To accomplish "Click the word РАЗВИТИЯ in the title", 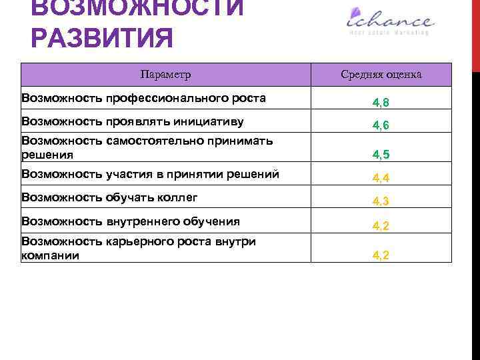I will pyautogui.click(x=102, y=37).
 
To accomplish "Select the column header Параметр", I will pyautogui.click(x=167, y=74).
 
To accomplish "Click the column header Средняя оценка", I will pyautogui.click(x=381, y=74).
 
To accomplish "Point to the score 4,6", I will pyautogui.click(x=381, y=125).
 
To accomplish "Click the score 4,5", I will pyautogui.click(x=381, y=155).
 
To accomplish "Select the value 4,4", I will pyautogui.click(x=381, y=178).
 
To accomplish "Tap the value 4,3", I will pyautogui.click(x=381, y=201).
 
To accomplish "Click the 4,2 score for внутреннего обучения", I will pyautogui.click(x=381, y=225).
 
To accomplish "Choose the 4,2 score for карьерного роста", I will pyautogui.click(x=381, y=255).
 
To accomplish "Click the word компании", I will pyautogui.click(x=51, y=255).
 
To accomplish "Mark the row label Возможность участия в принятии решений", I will pyautogui.click(x=150, y=175).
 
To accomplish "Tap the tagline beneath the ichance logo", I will pyautogui.click(x=388, y=31).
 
